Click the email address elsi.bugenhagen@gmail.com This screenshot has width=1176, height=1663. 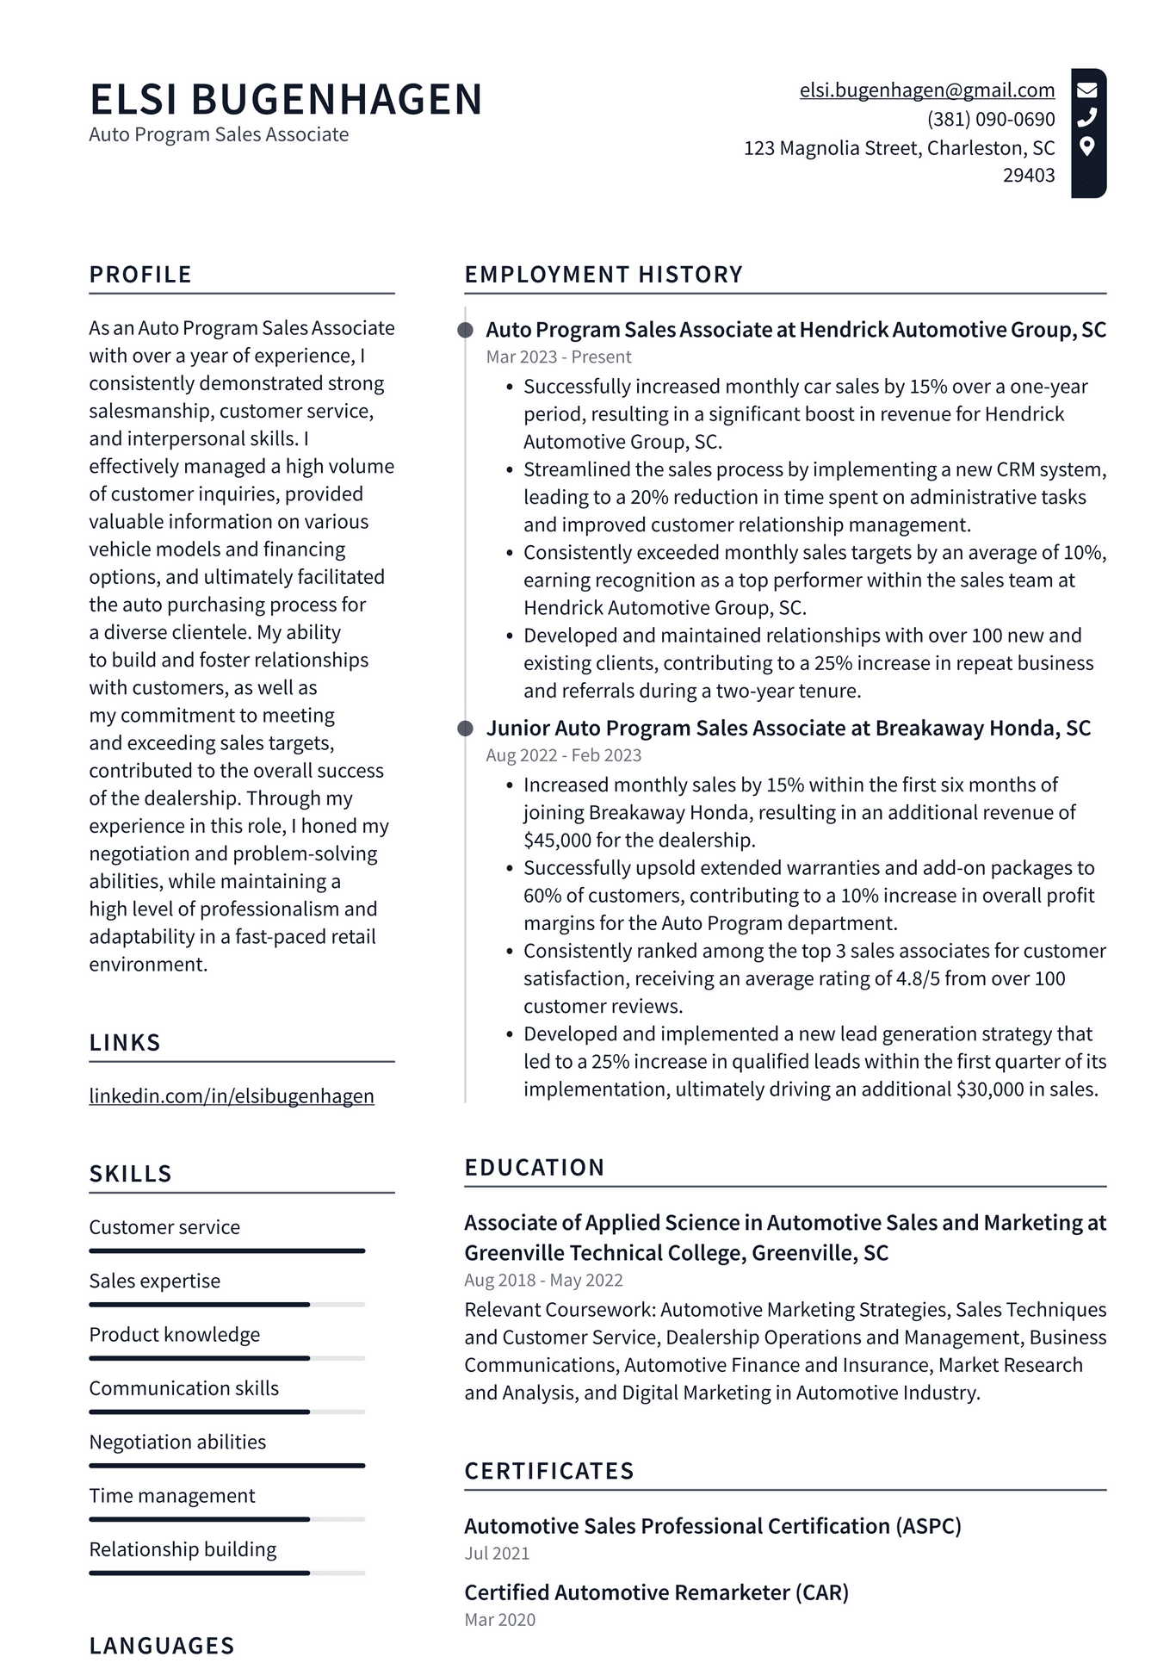926,90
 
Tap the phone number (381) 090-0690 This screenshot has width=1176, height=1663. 990,119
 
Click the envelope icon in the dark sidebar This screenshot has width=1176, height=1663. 1087,90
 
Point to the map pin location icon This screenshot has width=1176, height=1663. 1087,146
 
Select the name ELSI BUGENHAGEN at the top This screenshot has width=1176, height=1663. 286,99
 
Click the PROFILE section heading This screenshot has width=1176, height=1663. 140,275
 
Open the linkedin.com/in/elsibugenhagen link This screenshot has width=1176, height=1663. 232,1096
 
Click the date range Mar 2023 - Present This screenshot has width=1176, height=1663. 558,357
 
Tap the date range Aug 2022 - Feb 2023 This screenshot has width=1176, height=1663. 563,755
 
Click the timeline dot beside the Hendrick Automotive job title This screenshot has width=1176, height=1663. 465,330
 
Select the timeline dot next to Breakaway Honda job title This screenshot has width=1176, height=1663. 465,729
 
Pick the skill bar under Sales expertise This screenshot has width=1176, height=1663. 226,1305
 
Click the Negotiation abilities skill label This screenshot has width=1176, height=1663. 177,1442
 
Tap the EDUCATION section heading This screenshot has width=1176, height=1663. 534,1168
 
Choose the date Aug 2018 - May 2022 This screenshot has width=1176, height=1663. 543,1280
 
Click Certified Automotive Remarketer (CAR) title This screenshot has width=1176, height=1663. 656,1592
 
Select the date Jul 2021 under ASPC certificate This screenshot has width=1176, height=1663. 497,1554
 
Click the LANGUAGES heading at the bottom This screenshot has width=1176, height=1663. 162,1646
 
